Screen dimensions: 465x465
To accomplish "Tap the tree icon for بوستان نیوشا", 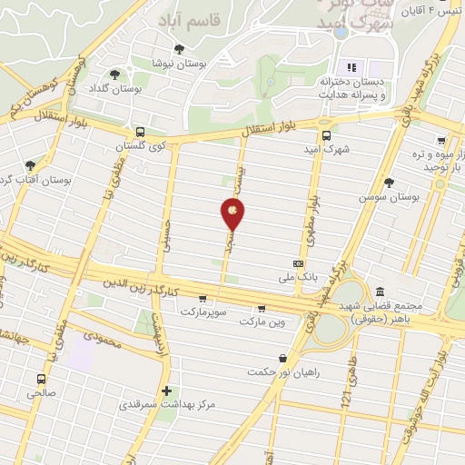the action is click(178, 49).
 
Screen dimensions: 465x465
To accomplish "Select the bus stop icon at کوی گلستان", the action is click(139, 131).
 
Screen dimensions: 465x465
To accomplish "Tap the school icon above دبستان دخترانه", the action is click(351, 67).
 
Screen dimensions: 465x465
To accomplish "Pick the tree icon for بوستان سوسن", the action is click(389, 182).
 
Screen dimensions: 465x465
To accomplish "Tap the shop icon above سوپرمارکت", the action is click(202, 297).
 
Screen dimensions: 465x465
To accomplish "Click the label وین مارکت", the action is click(262, 322).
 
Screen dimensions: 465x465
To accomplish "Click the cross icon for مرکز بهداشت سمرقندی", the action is click(165, 391).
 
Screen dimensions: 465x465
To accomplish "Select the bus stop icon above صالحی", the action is click(40, 379).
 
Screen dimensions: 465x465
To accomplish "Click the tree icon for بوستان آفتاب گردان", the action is click(30, 165).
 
